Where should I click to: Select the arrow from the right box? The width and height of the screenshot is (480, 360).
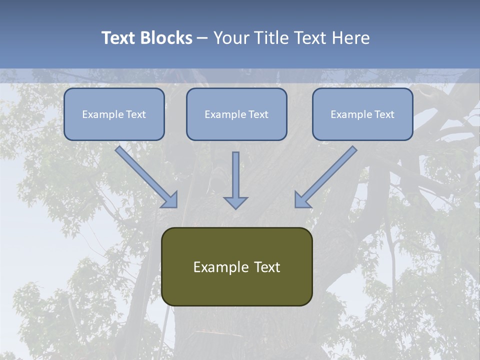tap(328, 174)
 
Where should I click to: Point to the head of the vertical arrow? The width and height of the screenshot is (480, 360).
tap(235, 202)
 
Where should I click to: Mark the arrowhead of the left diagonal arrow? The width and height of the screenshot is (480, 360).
tap(170, 200)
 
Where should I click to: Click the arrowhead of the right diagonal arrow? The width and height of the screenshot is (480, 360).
tap(302, 200)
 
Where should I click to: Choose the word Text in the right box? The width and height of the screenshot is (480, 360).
tap(384, 114)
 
